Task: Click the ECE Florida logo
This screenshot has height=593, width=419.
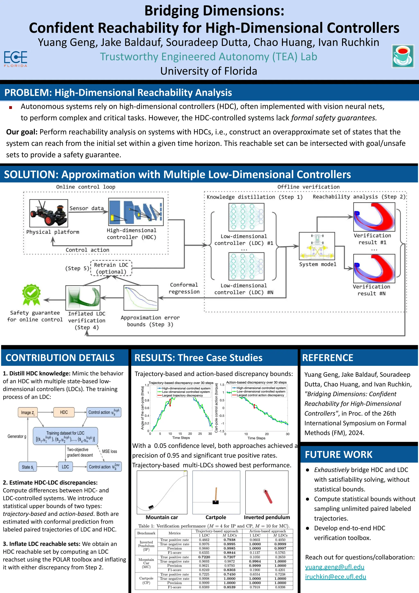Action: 16,59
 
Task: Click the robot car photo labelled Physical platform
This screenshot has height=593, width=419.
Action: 48,213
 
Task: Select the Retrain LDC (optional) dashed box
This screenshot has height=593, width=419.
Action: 111,268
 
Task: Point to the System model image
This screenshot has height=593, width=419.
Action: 317,246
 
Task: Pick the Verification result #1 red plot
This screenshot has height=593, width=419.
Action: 374,217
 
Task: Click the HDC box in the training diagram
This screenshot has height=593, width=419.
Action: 64,412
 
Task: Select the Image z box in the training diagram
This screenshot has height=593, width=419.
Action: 28,413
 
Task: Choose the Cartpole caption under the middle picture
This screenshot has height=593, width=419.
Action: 216,517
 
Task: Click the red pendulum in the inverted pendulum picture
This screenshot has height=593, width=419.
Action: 268,496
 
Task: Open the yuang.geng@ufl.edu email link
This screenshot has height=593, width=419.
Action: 335,567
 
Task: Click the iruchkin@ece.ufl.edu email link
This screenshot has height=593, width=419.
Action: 335,577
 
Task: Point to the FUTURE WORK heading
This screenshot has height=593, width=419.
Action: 339,455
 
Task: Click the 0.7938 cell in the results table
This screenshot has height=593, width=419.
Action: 229,540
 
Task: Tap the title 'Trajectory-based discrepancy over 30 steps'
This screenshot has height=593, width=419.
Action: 181,383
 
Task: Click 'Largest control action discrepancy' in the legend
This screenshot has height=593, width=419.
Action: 260,395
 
